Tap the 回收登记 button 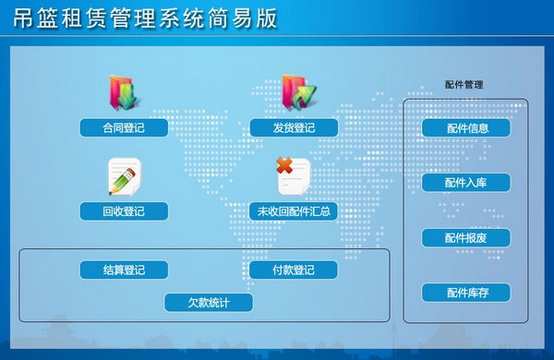tap(124, 211)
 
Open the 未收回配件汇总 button tap(294, 211)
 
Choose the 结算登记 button tap(124, 270)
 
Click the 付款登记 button tap(294, 270)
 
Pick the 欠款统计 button tap(208, 303)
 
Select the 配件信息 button tap(466, 128)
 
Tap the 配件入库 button tap(466, 183)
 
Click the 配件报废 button tap(466, 238)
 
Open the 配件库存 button tap(466, 294)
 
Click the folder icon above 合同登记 tap(124, 92)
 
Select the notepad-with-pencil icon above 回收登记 tap(124, 175)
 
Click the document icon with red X tap(293, 175)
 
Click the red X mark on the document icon tap(284, 166)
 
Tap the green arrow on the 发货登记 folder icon tap(304, 94)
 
